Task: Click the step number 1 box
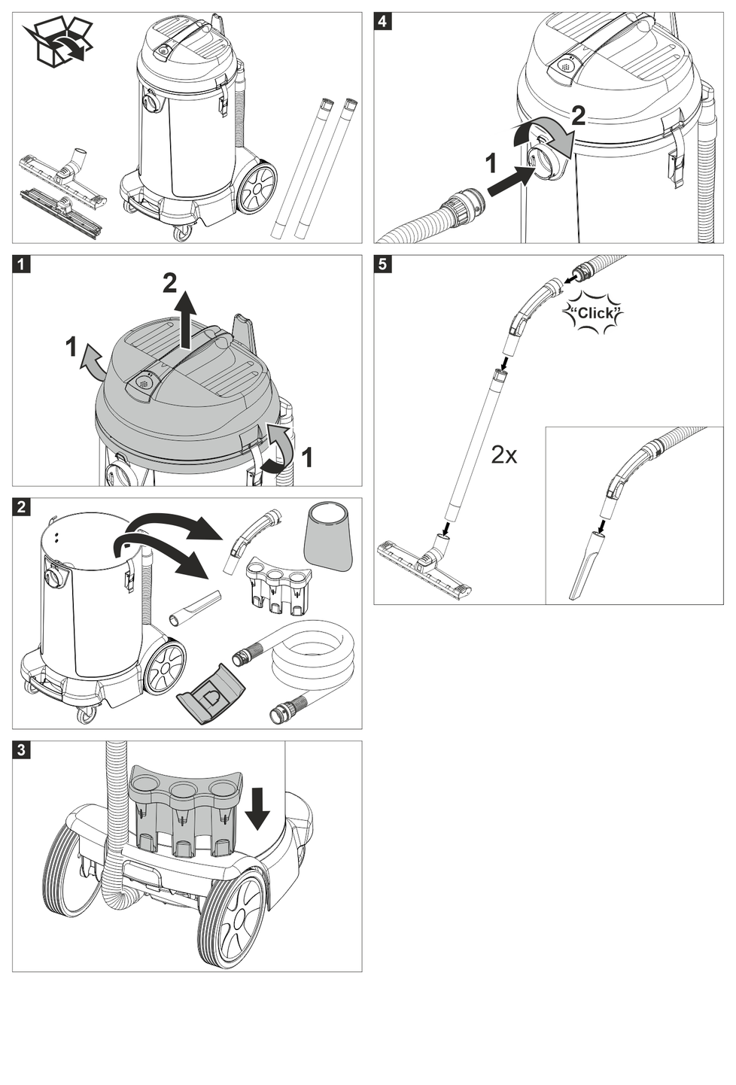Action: [21, 264]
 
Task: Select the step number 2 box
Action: [21, 507]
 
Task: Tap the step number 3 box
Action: [21, 749]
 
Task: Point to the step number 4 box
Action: [382, 21]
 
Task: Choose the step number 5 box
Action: [382, 264]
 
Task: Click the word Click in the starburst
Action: [595, 313]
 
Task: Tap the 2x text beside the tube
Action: [503, 454]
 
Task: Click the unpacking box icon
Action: [57, 41]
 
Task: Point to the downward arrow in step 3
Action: [257, 807]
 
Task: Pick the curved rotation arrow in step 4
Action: [543, 135]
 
